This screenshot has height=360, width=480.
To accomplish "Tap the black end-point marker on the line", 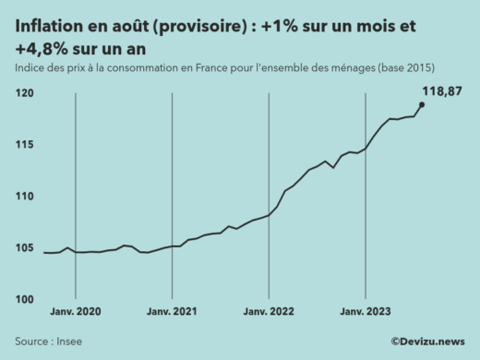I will (422, 104).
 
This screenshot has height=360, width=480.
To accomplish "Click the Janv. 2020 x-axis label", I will (75, 313).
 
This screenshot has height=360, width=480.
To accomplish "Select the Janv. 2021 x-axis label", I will (173, 313).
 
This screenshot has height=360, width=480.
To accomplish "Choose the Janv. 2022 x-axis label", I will (269, 313).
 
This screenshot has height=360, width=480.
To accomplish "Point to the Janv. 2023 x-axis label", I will (365, 313).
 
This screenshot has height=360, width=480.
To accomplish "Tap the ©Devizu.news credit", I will (427, 342).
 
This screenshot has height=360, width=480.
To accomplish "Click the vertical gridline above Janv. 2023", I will (365, 231).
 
